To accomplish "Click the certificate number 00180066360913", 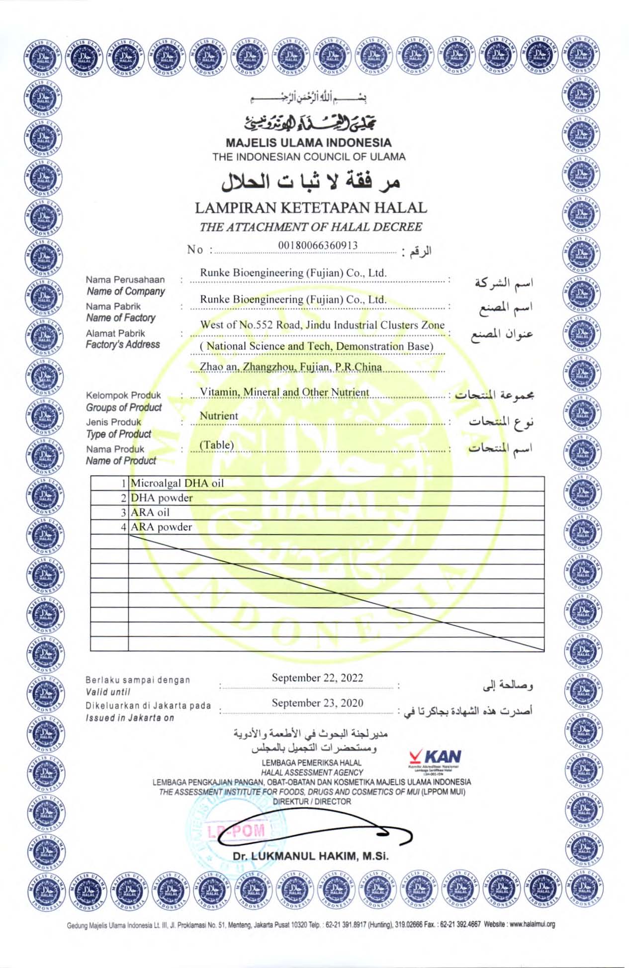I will [x=318, y=245].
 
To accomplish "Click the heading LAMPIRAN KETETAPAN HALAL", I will [x=311, y=208].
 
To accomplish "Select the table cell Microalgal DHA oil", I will [x=177, y=483].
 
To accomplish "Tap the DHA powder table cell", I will [x=162, y=498].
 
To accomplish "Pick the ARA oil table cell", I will [x=150, y=512].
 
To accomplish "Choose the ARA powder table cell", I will [x=161, y=527].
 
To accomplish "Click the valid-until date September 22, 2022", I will [x=317, y=678].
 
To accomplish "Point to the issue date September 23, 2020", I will [x=317, y=703].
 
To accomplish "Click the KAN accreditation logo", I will [x=436, y=759].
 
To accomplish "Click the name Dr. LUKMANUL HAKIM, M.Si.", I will [x=311, y=856].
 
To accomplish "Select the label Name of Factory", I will [x=121, y=318].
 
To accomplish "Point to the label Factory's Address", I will [x=123, y=344].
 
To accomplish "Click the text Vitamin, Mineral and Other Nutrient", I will [x=284, y=392].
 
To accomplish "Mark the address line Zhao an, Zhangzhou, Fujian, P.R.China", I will [x=291, y=367].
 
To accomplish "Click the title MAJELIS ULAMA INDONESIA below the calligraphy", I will [x=309, y=143].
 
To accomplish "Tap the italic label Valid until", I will [x=108, y=692].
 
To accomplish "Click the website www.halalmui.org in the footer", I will [x=532, y=925].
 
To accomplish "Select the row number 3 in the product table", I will [x=124, y=512].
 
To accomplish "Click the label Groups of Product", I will [x=124, y=407].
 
